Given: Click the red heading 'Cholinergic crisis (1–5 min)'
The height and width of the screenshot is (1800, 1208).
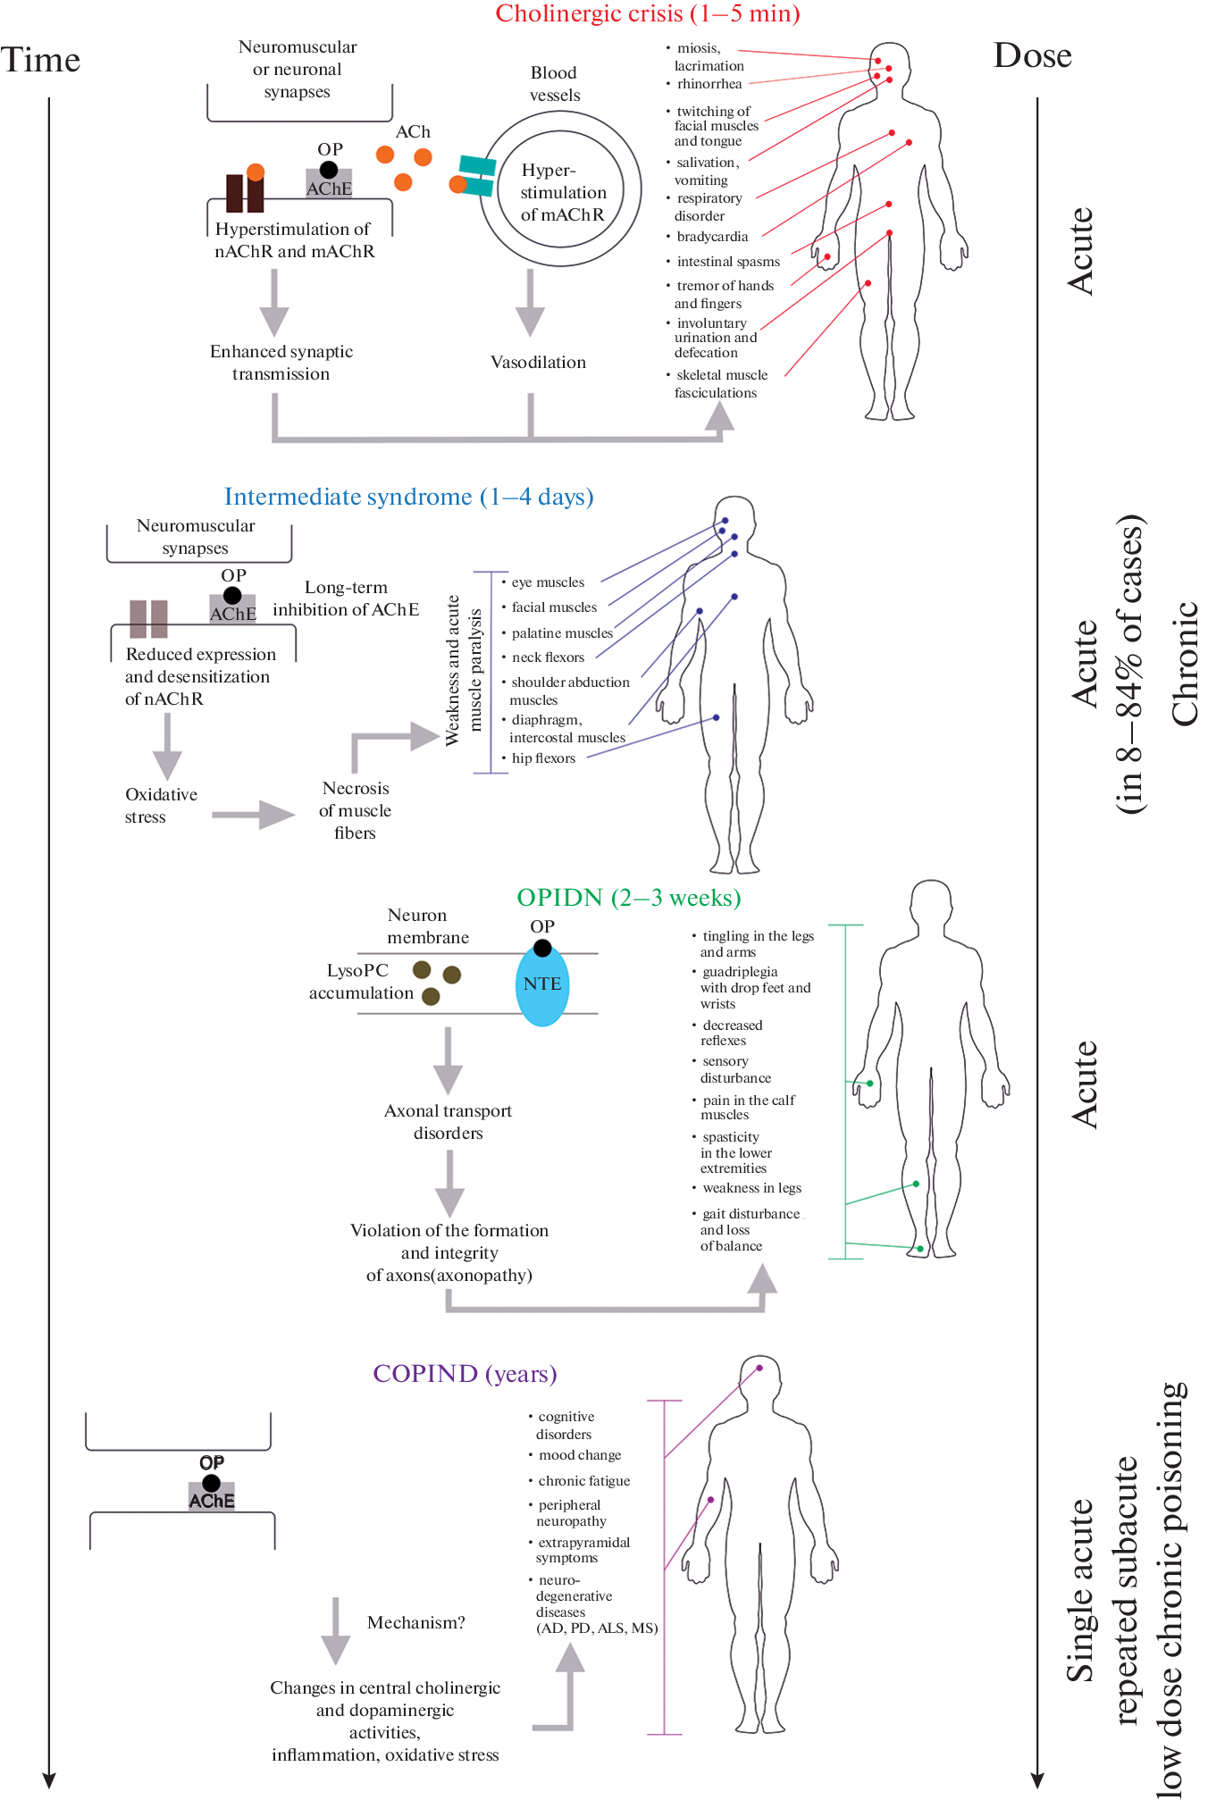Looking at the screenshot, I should click(648, 13).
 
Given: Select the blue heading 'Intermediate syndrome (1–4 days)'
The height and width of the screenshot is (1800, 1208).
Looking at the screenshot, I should click(408, 497).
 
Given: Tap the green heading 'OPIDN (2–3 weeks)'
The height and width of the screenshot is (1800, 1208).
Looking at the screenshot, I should click(628, 898).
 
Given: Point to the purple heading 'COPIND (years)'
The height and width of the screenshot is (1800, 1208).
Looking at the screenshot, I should click(465, 1373).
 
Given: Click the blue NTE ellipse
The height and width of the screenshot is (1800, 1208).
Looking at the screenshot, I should click(542, 984).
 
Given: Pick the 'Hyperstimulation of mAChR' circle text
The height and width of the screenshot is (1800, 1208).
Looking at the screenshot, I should click(562, 192).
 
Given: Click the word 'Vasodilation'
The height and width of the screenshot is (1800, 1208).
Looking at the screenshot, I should click(538, 362).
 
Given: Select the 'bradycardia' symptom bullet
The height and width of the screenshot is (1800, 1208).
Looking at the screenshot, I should click(712, 237).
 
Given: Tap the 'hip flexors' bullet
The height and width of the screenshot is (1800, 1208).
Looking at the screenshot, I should click(543, 758).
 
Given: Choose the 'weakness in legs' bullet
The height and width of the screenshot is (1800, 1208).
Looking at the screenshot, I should click(751, 1188).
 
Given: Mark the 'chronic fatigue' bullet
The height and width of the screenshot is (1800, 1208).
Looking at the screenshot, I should click(583, 1481).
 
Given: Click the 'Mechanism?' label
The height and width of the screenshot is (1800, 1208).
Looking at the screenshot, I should click(415, 1622).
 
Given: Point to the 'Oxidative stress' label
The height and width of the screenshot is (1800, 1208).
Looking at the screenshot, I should click(161, 805).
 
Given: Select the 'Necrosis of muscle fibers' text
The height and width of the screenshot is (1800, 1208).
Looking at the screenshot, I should click(355, 810).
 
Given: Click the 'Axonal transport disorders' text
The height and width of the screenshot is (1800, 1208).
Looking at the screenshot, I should click(448, 1122).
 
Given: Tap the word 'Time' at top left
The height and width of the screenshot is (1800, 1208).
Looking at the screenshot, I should click(40, 60).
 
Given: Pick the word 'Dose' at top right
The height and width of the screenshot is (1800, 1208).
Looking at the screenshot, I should click(1032, 55).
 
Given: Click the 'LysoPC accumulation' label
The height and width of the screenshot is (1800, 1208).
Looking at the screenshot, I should click(360, 982).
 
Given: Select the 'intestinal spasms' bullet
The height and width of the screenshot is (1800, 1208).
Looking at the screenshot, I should click(728, 262).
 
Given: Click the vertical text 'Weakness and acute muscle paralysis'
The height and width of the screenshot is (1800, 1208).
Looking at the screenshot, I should click(464, 670).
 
